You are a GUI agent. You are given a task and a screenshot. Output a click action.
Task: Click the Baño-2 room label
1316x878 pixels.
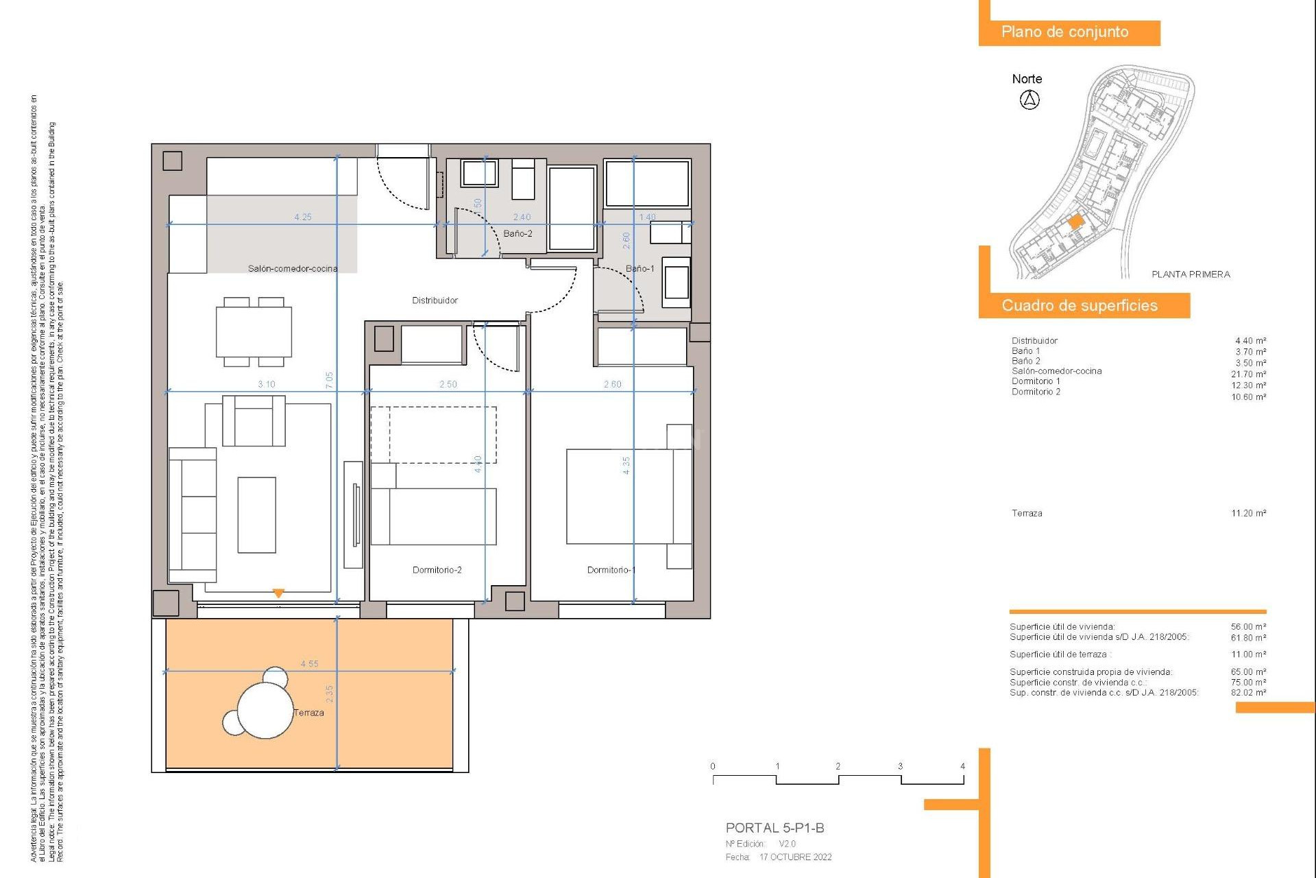(517, 233)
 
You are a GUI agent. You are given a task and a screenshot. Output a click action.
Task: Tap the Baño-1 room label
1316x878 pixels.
(639, 268)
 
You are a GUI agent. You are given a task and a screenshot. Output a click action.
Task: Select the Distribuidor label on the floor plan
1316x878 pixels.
(435, 300)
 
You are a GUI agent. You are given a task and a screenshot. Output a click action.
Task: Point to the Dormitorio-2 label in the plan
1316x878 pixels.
(437, 570)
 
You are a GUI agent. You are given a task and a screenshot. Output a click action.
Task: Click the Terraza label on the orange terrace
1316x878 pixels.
(308, 713)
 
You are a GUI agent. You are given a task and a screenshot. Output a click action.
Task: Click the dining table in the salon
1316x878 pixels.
(254, 332)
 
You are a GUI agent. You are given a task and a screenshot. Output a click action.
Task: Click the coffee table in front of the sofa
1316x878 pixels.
(256, 514)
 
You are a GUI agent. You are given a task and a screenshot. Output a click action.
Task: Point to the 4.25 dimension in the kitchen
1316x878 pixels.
(303, 217)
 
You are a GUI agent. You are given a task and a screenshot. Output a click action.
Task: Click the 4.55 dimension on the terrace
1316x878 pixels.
(309, 664)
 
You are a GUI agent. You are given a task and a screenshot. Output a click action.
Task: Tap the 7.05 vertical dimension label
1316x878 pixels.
(329, 381)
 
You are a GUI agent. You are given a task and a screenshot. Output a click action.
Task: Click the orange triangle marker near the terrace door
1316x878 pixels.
(278, 593)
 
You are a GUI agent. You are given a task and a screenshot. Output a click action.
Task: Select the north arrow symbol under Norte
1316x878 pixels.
(1029, 100)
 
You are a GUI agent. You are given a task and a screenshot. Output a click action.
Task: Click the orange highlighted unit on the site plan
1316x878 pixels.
(1075, 222)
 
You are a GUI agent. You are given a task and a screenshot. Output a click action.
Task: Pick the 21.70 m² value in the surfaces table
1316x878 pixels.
(1248, 375)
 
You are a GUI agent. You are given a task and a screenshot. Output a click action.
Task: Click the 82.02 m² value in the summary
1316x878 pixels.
(1248, 693)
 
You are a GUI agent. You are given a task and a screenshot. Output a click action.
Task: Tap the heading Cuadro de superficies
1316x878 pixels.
(1080, 306)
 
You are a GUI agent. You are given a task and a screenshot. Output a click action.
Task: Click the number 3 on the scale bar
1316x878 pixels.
(900, 766)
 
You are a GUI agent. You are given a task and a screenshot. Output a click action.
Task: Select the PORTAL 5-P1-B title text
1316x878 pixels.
(775, 828)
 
